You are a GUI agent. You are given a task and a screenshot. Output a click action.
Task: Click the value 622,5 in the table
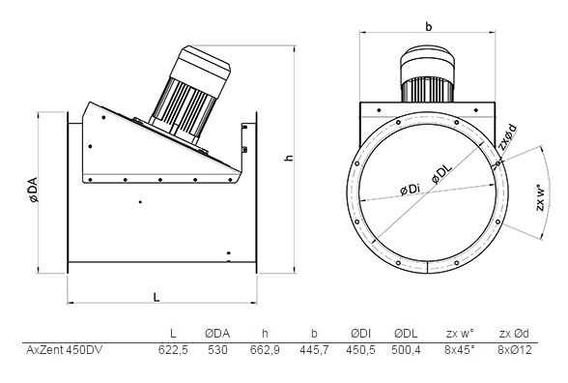tap(173, 350)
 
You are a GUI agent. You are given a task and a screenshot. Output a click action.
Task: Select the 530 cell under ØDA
tap(217, 350)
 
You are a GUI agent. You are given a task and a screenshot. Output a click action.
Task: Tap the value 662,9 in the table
tap(265, 350)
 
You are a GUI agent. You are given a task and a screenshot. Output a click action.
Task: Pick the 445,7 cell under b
tap(314, 350)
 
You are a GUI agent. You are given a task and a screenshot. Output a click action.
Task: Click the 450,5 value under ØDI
tap(361, 350)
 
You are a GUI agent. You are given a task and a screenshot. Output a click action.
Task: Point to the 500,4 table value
tap(406, 350)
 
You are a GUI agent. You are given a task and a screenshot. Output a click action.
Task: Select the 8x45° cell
tap(460, 350)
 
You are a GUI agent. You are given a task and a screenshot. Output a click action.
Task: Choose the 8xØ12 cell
tap(515, 350)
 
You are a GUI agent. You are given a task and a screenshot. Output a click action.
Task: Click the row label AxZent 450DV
tap(65, 350)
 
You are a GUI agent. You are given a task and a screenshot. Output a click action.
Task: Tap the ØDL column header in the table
tap(406, 334)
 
